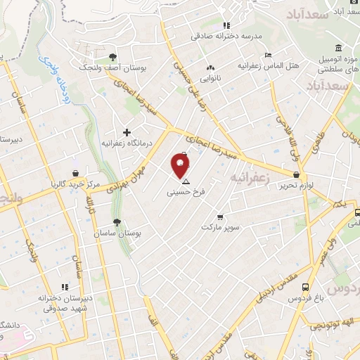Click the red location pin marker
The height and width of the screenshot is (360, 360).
181,165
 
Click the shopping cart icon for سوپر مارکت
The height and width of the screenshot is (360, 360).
221,217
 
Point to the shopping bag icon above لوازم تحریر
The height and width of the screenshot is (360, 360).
296,174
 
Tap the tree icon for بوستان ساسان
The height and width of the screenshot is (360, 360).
116,222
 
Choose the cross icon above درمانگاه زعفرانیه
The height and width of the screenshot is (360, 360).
127,132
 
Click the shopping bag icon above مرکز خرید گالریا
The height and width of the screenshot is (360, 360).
75,173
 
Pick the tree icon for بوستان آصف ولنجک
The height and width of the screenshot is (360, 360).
112,57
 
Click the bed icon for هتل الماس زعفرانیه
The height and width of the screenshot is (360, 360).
267,56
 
